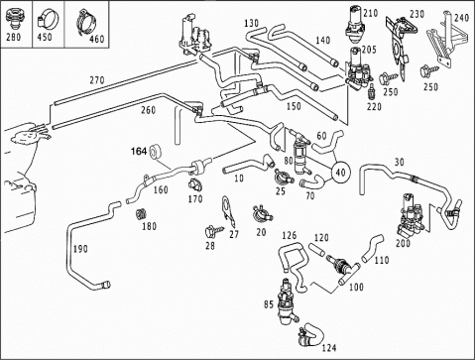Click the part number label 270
click(x=97, y=80)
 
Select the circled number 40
click(x=340, y=172)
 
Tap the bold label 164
click(x=139, y=152)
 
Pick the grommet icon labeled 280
click(x=13, y=19)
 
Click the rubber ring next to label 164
click(x=155, y=152)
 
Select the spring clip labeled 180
click(x=141, y=214)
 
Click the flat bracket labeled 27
click(x=228, y=208)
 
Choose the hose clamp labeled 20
click(x=262, y=214)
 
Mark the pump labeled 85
click(x=286, y=301)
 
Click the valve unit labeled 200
click(x=412, y=215)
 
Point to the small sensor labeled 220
click(x=372, y=93)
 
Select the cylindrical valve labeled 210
click(x=354, y=26)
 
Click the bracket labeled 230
click(x=401, y=45)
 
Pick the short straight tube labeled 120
click(x=317, y=249)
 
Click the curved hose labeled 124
click(x=311, y=334)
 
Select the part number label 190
click(x=80, y=249)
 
